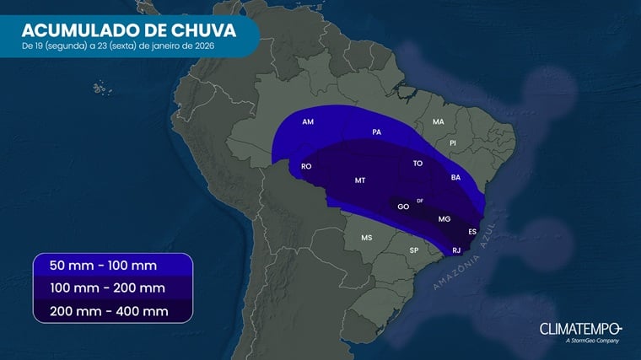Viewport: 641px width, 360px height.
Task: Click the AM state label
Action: click(308, 122)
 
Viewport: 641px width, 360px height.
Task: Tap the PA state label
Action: click(377, 132)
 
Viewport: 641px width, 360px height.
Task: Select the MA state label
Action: click(438, 122)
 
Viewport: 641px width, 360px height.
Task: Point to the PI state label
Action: click(453, 143)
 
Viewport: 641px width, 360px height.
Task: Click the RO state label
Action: click(306, 166)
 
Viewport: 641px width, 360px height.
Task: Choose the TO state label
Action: click(417, 164)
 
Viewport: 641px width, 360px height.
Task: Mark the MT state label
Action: click(360, 180)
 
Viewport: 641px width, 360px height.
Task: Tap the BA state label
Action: click(456, 178)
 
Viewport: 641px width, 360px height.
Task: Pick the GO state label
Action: click(403, 207)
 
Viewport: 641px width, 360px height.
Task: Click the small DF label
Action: click(420, 201)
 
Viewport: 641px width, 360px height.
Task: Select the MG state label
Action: click(444, 219)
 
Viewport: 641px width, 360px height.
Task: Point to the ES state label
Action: click(472, 232)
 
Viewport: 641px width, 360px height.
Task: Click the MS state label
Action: click(367, 238)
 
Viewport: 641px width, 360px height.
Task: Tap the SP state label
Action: click(414, 250)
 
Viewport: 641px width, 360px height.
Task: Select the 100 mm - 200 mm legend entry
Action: click(107, 288)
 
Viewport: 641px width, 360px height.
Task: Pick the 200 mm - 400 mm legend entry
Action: click(107, 311)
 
